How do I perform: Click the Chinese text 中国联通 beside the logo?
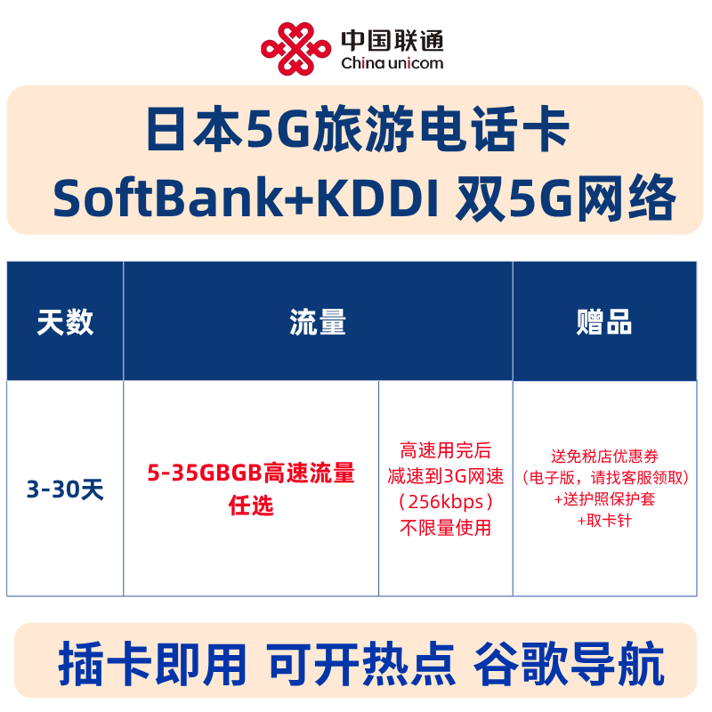tap(392, 39)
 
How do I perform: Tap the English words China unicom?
tap(392, 63)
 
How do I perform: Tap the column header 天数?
tap(65, 322)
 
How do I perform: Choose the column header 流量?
tap(318, 322)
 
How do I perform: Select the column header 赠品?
tap(604, 322)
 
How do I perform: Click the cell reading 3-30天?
tap(65, 489)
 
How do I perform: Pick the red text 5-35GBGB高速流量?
tap(251, 473)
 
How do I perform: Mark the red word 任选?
tap(251, 506)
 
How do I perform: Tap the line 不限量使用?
tap(446, 528)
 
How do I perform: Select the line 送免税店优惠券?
tap(604, 457)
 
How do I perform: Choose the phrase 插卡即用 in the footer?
tap(151, 664)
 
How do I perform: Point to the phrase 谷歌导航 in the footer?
tap(570, 664)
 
